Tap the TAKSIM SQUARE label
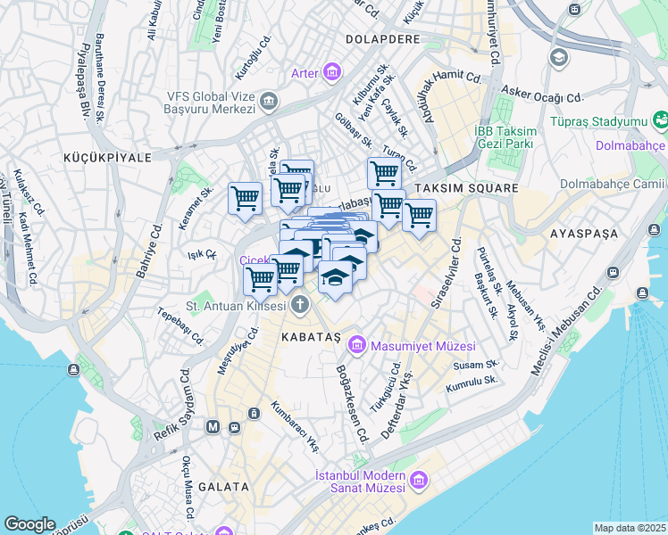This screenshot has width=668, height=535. pos(465,188)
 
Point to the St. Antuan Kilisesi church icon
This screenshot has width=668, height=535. pos(300,306)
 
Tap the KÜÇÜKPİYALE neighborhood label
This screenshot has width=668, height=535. pos(107,157)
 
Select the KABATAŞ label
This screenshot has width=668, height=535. pos(311,338)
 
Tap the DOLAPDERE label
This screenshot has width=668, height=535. pos(387,39)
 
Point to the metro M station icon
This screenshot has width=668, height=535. pos(213,427)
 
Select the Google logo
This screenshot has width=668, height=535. pos(29,524)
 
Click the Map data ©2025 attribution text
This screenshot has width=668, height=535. pos(630,528)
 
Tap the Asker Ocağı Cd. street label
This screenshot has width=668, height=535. pos(541,94)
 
